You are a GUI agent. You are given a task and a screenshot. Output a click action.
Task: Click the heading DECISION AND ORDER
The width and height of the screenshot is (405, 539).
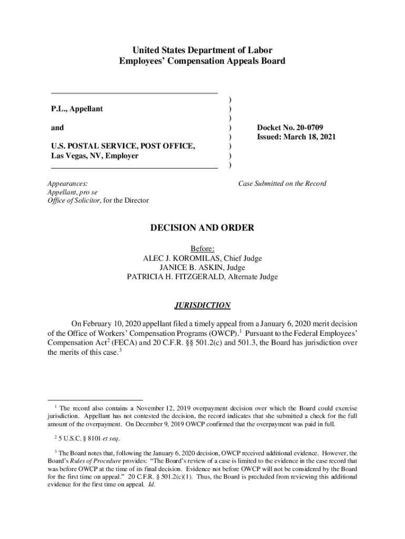[x=202, y=228]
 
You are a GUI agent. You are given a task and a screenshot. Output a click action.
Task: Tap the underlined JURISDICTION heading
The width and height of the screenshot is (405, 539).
[x=202, y=305]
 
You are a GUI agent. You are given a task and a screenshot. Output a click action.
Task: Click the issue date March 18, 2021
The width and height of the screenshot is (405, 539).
[x=312, y=137]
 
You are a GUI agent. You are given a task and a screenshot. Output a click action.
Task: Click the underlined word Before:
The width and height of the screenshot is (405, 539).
[x=202, y=249]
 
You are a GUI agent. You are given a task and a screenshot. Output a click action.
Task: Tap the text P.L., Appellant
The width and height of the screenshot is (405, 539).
[x=77, y=108]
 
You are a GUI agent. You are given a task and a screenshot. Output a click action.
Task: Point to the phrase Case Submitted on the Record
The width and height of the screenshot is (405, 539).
[x=282, y=184]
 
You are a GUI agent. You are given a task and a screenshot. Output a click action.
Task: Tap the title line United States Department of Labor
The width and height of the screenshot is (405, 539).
[x=202, y=51]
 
